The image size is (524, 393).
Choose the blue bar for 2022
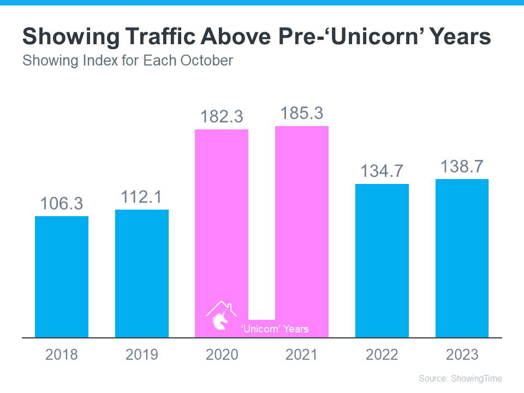tap(382, 260)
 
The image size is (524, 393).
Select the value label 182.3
tap(222, 116)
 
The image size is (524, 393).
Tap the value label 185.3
tap(302, 113)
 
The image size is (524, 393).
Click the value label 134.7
tap(382, 171)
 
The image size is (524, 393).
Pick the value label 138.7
tap(462, 166)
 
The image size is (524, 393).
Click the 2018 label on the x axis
tap(62, 355)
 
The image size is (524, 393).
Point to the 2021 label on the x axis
tap(302, 355)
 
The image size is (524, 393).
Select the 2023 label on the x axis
tap(462, 355)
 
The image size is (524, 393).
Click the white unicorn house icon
tap(221, 315)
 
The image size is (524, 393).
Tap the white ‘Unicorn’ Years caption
tap(275, 329)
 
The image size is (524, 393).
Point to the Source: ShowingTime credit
tap(460, 378)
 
